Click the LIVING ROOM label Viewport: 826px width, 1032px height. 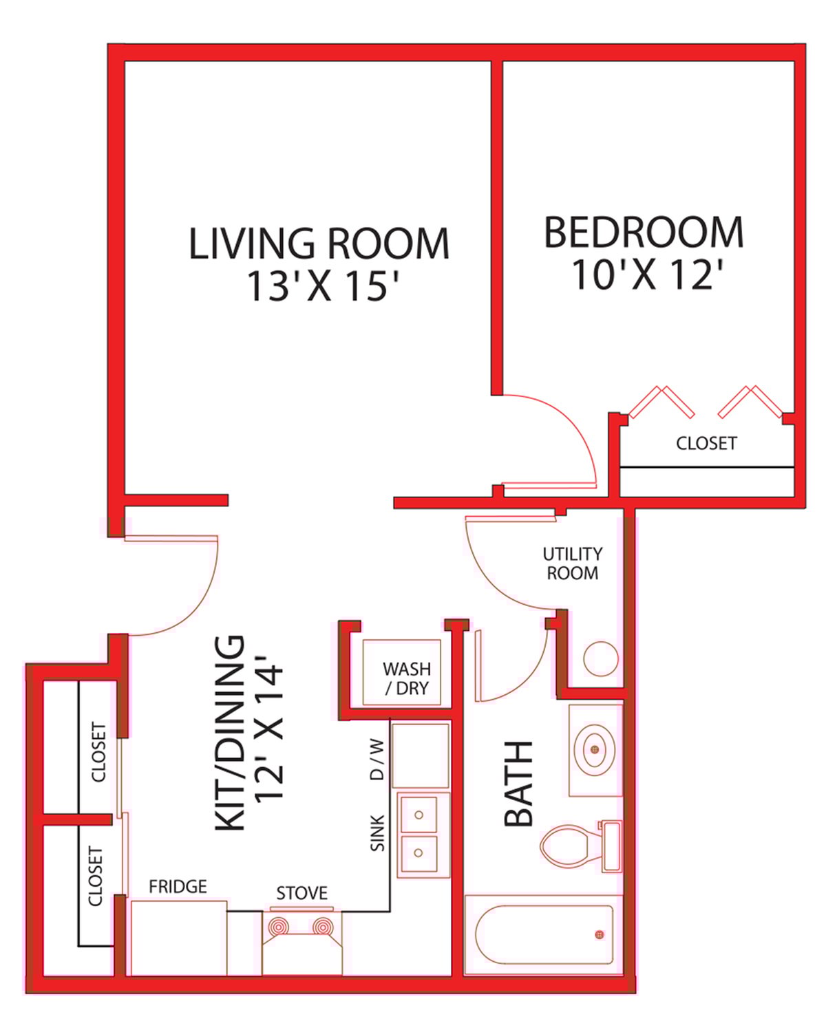(x=319, y=244)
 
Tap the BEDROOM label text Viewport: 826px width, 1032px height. (x=644, y=233)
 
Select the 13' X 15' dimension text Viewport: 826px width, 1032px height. (x=323, y=286)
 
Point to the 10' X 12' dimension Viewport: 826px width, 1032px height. (x=646, y=275)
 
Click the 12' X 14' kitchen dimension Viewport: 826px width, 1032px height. (x=269, y=732)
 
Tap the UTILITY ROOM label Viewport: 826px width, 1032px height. (x=572, y=563)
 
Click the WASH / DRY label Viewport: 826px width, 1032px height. (x=406, y=678)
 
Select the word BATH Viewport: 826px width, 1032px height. (x=519, y=784)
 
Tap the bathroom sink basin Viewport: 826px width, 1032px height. (x=595, y=748)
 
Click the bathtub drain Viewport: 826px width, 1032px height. (x=600, y=934)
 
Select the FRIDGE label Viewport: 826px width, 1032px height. (x=178, y=886)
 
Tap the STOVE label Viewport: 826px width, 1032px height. (x=301, y=893)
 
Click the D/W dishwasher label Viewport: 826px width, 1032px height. (x=377, y=760)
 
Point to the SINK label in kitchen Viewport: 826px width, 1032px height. (x=377, y=834)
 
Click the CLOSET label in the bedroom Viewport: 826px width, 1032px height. (x=706, y=443)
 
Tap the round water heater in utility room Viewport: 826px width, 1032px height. (x=601, y=659)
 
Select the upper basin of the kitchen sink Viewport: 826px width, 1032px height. (x=419, y=815)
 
